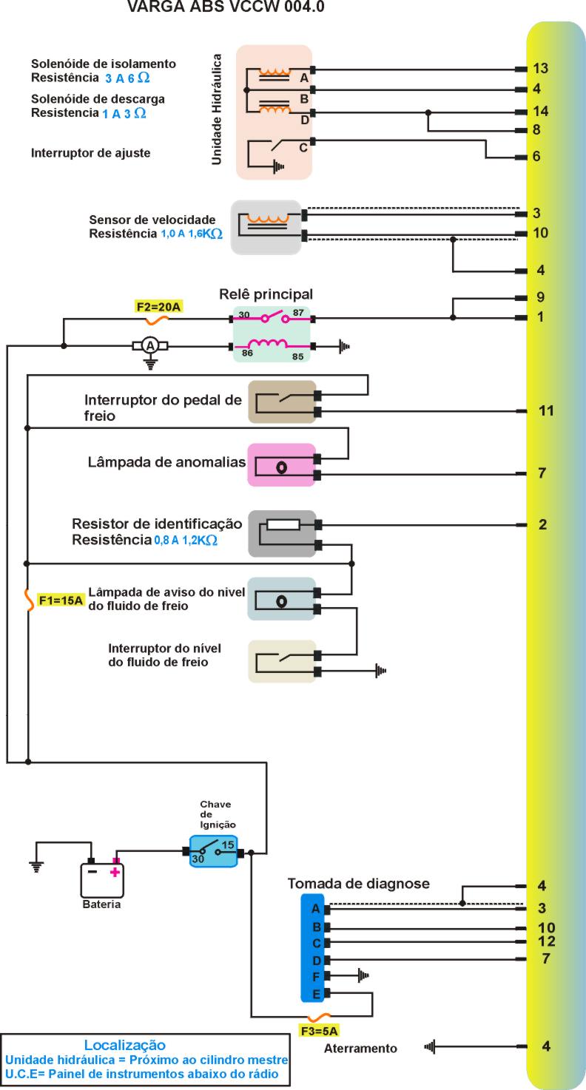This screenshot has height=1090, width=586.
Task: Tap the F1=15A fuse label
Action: [x=60, y=600]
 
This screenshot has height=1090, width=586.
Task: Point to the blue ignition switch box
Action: [x=213, y=851]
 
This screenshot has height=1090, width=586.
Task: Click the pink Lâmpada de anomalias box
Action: [x=281, y=465]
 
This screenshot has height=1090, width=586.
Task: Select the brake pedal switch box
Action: [x=281, y=402]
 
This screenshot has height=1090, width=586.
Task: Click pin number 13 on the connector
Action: [x=540, y=69]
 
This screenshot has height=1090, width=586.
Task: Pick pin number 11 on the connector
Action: [x=546, y=410]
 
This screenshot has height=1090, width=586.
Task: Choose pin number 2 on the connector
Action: [x=542, y=525]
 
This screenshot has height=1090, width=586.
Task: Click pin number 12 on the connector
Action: [x=548, y=941]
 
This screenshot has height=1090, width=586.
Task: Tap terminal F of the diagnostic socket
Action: [x=316, y=976]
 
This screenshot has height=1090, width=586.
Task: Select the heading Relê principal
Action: [x=266, y=294]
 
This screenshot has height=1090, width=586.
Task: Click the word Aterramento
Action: [x=360, y=1048]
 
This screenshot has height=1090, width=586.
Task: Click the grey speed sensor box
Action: [x=266, y=227]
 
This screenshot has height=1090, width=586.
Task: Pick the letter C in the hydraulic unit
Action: [x=303, y=147]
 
